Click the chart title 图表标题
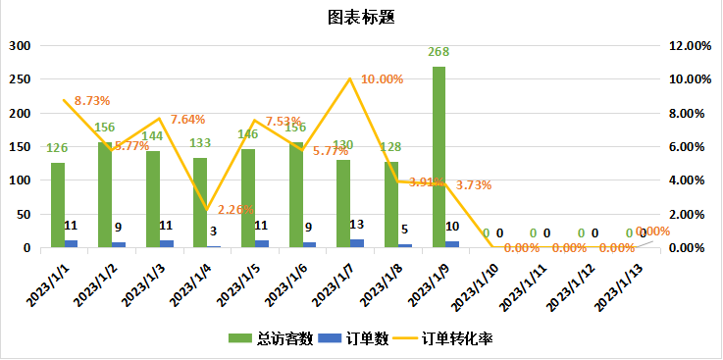(361, 17)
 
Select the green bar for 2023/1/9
(439, 157)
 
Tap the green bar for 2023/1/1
(58, 205)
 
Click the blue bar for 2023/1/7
(357, 243)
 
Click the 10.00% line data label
(383, 79)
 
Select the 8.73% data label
(91, 100)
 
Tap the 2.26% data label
(236, 209)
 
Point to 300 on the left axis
(20, 46)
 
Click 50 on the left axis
(24, 214)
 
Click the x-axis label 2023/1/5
(238, 283)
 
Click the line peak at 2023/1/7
(349, 79)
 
